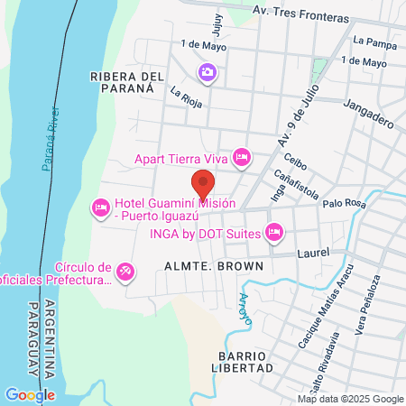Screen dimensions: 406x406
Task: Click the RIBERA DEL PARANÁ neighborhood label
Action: pos(127,83)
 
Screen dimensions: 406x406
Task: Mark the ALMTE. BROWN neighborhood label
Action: pos(214,267)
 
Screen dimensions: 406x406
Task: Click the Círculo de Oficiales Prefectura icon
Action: pos(127,271)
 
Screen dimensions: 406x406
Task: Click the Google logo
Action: pos(30,394)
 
